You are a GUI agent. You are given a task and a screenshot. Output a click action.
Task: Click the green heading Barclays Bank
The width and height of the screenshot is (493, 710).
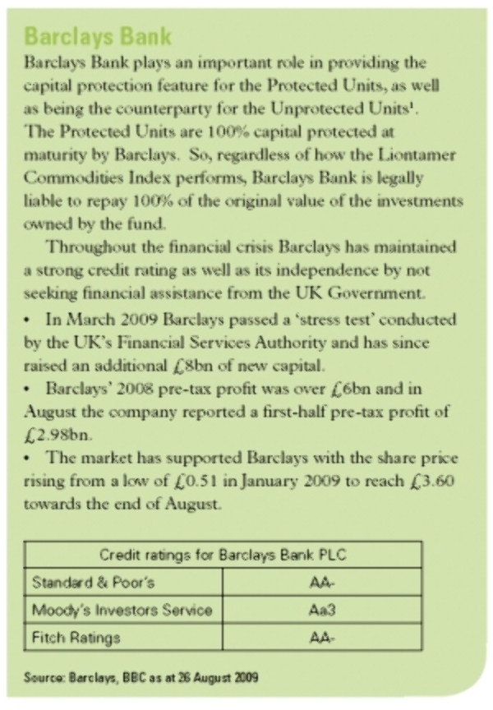coord(99,36)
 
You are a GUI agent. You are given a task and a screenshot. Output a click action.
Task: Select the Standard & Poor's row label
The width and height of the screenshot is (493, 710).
coord(93,583)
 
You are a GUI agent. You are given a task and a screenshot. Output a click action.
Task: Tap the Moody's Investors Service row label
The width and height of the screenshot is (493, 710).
coord(122,610)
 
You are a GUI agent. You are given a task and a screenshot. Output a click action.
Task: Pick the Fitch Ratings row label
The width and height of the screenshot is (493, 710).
coord(76,637)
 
